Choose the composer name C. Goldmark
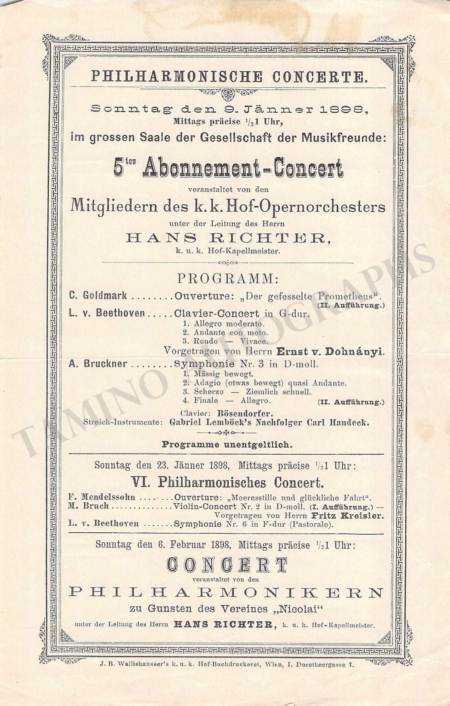click(x=98, y=295)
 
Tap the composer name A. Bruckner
click(x=98, y=364)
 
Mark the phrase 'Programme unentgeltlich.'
click(x=227, y=444)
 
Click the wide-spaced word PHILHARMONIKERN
click(x=226, y=592)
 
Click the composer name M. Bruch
click(x=88, y=506)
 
